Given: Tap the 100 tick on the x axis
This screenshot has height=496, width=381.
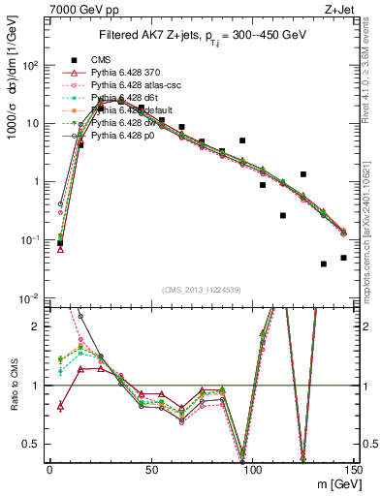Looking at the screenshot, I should (252, 469).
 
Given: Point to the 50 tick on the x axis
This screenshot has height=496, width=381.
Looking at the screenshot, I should (151, 469).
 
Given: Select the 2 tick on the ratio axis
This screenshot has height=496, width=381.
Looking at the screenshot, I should (38, 326).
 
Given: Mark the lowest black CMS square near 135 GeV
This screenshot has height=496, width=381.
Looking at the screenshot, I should (323, 263).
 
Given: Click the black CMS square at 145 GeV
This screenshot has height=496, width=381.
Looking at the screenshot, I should (343, 258).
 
